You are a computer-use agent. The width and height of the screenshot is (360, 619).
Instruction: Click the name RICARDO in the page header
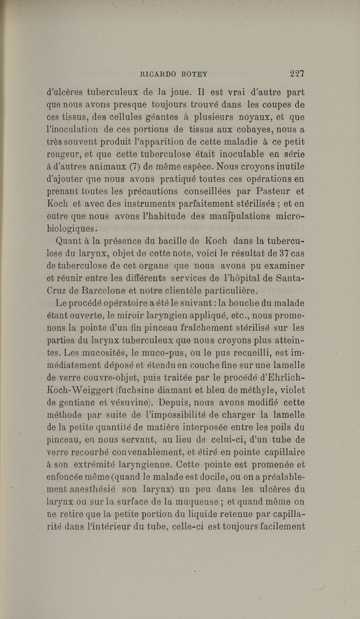pos(156,74)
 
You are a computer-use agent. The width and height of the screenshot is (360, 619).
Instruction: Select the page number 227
pos(297,74)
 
